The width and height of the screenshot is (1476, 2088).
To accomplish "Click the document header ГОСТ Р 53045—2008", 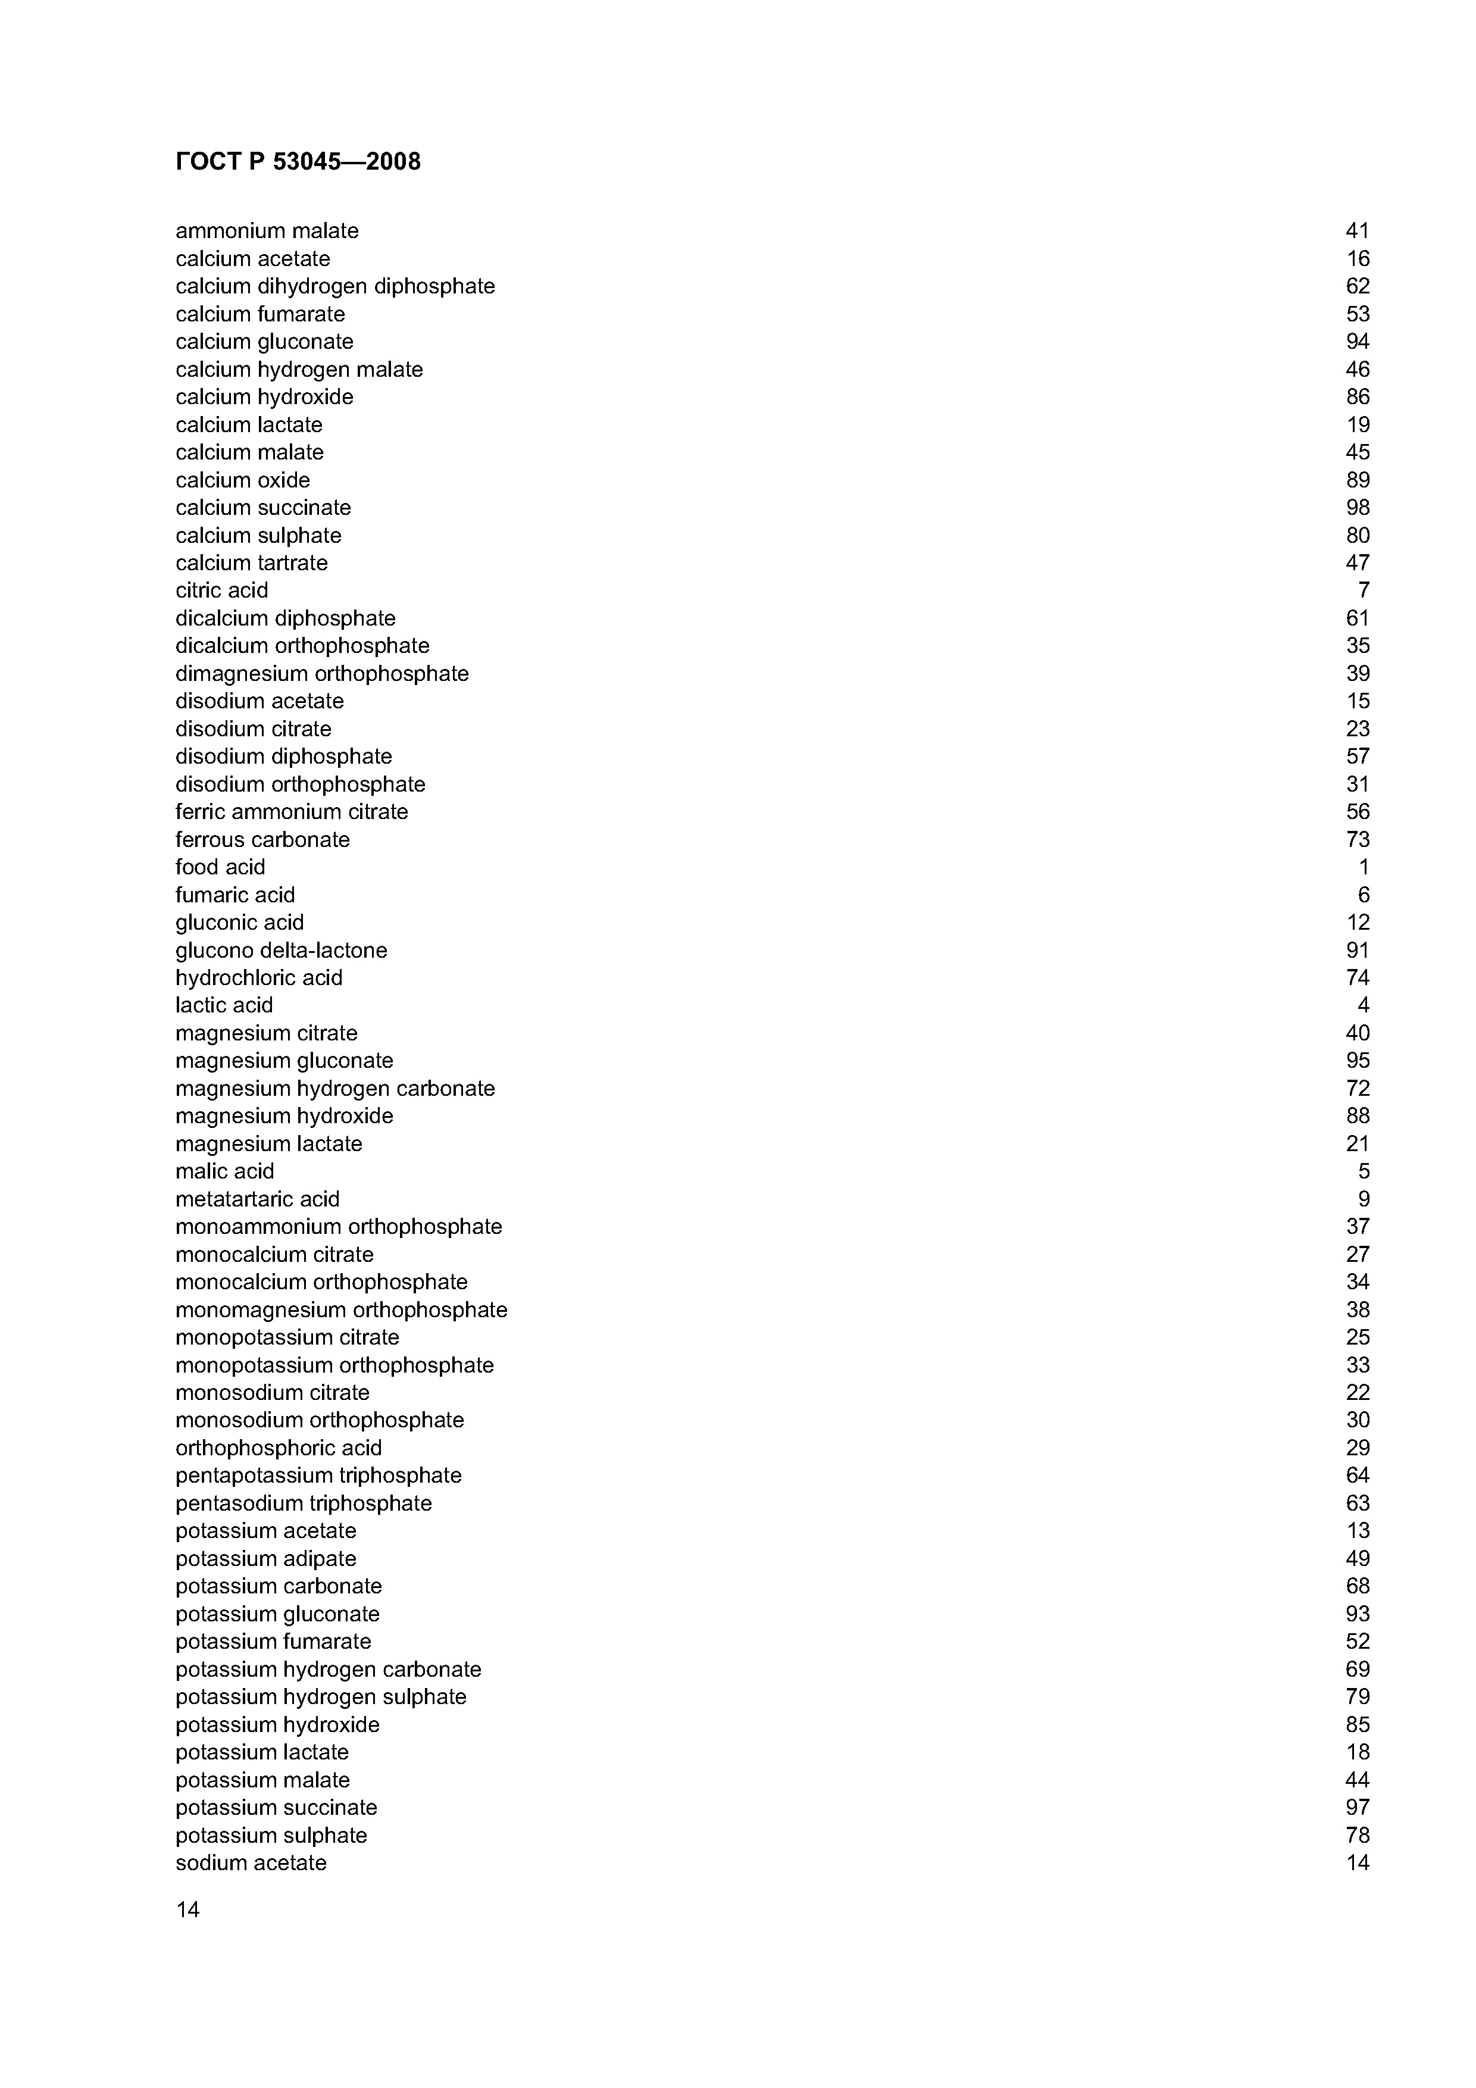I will (x=298, y=162).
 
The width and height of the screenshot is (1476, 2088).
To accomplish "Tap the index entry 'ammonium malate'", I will (x=267, y=231).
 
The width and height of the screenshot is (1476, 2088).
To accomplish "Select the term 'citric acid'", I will (x=222, y=590).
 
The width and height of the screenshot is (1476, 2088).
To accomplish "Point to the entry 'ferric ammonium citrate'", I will (x=291, y=811).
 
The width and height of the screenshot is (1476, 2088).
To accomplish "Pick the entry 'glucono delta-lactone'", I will (x=281, y=951).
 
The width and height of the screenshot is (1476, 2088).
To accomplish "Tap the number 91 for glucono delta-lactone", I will (x=1357, y=951).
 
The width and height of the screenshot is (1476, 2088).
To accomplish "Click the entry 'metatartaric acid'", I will (x=257, y=1199).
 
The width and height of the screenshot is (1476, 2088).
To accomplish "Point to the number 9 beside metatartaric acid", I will (x=1364, y=1199).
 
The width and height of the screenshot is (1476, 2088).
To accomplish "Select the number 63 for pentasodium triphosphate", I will (x=1357, y=1504).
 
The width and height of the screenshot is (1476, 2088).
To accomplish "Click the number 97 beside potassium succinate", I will (x=1357, y=1807).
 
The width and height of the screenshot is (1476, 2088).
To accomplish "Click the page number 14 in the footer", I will (x=187, y=1910).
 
